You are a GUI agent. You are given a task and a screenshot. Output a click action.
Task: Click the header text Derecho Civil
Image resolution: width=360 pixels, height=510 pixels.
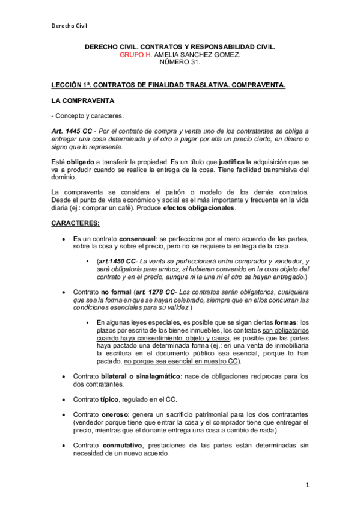coord(69,25)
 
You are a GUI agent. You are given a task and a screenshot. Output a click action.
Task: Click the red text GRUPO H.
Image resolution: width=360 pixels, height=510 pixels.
coord(136,55)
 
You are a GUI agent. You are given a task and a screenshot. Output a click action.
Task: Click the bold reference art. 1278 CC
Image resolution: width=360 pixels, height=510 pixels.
coord(158,292)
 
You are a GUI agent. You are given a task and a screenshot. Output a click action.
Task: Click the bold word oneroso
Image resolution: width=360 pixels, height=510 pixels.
coord(117,415)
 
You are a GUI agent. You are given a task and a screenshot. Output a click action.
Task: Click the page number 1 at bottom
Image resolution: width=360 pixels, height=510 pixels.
coord(307,485)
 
